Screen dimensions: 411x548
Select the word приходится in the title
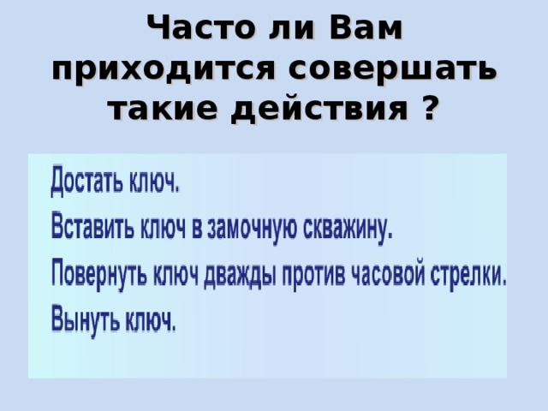coord(167,69)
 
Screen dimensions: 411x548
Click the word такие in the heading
coord(158,109)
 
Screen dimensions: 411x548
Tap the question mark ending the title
coord(431,109)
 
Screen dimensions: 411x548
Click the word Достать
coord(86,183)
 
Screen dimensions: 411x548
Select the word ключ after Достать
coord(154,183)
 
